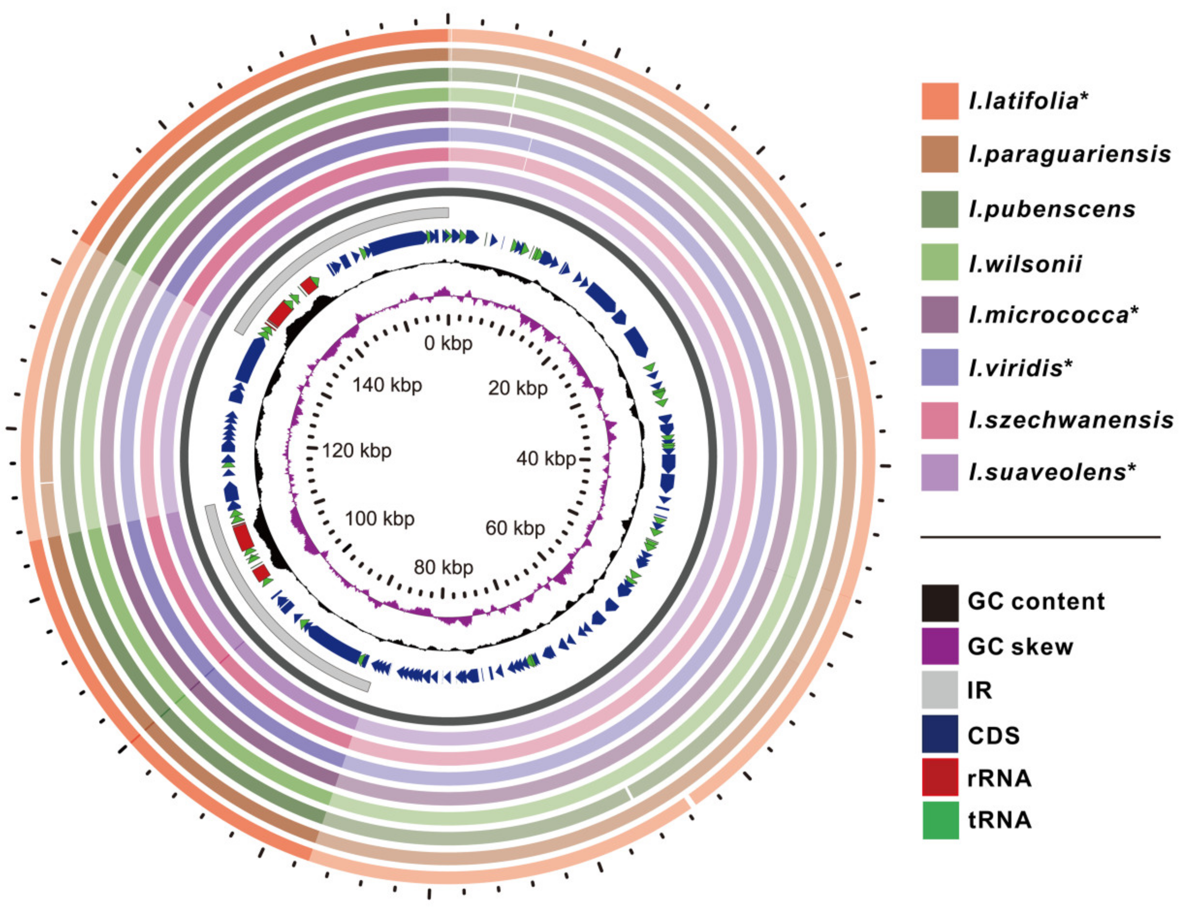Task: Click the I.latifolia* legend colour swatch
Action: (940, 101)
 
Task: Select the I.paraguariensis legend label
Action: (1069, 154)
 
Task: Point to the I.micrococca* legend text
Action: (1053, 315)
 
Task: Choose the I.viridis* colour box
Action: (940, 367)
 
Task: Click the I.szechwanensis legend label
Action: (1071, 420)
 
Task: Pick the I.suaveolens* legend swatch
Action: (940, 472)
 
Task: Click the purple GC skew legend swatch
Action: (940, 646)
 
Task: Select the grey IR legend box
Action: (940, 690)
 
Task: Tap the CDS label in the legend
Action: (993, 735)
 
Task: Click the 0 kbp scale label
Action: (448, 343)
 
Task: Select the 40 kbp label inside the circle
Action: (546, 459)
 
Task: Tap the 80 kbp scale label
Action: (443, 567)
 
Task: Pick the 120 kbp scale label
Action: (357, 450)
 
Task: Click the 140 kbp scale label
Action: (387, 385)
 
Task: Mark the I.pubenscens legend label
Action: (1052, 209)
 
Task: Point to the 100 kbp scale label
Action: (380, 518)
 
